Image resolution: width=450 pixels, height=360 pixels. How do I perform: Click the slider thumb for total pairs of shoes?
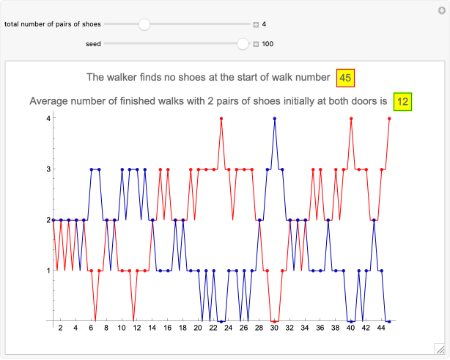[144, 24]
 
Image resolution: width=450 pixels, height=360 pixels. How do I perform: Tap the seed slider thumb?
[243, 44]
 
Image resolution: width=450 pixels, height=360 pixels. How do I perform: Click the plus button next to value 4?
[256, 24]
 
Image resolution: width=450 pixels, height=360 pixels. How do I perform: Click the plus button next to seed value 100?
[256, 44]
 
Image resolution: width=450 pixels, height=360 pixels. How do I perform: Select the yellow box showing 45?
[346, 77]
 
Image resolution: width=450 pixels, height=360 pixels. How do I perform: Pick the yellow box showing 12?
[402, 101]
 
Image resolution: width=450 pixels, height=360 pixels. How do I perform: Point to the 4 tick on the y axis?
[47, 118]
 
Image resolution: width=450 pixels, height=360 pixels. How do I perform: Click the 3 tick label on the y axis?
[47, 169]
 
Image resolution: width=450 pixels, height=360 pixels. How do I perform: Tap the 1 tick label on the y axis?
[47, 271]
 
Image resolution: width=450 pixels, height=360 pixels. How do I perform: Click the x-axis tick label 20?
[198, 328]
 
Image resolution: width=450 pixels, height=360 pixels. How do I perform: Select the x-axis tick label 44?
[381, 328]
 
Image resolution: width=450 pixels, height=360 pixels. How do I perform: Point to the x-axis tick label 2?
[60, 328]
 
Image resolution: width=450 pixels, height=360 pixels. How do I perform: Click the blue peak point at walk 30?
[274, 118]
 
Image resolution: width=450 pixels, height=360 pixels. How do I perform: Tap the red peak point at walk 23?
[221, 118]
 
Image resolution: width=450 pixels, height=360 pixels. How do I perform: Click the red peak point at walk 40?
[351, 118]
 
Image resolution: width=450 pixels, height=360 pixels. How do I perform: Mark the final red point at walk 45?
[389, 118]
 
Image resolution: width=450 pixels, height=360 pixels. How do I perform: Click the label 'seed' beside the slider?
[92, 44]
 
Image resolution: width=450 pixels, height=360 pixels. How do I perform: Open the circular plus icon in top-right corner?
[441, 10]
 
